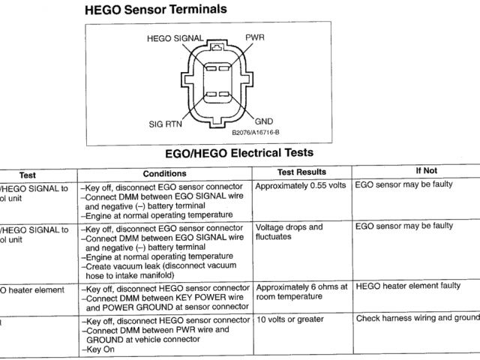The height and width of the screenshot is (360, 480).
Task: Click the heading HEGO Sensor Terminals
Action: click(156, 10)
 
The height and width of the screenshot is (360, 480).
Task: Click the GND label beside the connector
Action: click(263, 120)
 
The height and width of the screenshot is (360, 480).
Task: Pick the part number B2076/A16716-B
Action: click(255, 132)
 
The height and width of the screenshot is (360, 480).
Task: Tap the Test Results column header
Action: click(302, 172)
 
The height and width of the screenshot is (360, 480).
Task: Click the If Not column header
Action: click(426, 171)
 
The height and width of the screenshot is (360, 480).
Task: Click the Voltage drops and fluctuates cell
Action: click(289, 232)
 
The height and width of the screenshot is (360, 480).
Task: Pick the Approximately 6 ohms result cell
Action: click(301, 292)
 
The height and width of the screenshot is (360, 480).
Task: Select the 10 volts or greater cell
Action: click(290, 320)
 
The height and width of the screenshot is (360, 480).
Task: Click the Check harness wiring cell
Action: click(417, 319)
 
